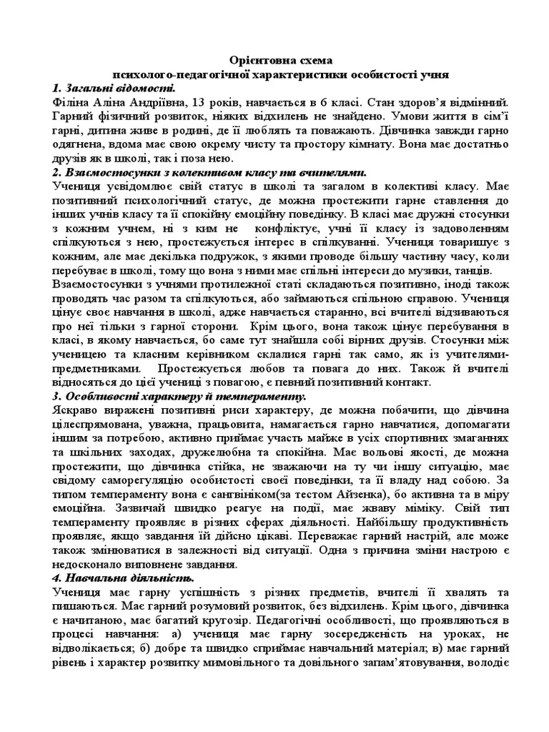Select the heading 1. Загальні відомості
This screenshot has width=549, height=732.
coord(114,88)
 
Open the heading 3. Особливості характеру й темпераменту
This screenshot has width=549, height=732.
coord(179,397)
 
